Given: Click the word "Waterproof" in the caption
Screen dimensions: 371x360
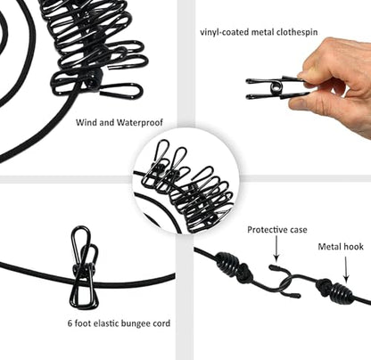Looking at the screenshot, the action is click(140, 122).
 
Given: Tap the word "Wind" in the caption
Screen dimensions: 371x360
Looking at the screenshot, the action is click(87, 122).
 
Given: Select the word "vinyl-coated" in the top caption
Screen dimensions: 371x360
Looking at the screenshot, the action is click(225, 32).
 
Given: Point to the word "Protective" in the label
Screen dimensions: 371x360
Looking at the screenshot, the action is click(265, 230).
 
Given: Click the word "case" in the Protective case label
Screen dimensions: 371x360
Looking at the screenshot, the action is click(296, 230).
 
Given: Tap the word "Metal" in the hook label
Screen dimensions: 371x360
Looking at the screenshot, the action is click(330, 247).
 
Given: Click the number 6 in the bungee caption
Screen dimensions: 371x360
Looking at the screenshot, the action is click(70, 323).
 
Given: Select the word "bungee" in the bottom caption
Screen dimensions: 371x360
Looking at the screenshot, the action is click(134, 323).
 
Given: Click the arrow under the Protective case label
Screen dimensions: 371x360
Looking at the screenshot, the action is click(276, 249).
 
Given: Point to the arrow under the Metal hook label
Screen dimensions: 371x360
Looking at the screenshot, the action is click(346, 269).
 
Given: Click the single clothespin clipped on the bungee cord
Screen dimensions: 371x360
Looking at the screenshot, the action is click(84, 267).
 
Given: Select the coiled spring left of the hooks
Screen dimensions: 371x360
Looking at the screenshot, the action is click(229, 263).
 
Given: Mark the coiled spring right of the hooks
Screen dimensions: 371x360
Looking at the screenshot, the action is click(342, 292).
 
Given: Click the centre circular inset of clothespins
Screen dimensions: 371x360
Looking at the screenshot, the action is click(185, 181).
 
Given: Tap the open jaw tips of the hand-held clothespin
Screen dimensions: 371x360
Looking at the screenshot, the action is click(249, 88).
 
